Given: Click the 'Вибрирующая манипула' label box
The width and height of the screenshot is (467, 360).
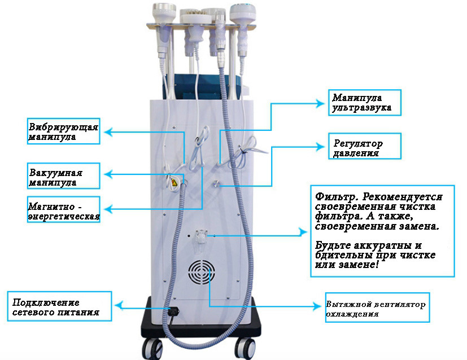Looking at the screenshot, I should [x=63, y=131].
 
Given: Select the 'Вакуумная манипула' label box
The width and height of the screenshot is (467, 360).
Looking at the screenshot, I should [x=63, y=176].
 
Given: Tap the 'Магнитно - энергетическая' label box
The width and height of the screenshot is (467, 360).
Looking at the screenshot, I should [x=63, y=209].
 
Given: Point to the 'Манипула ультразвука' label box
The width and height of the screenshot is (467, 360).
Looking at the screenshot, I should [x=365, y=103].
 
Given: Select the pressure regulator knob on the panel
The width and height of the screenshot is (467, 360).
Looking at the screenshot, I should [x=217, y=183].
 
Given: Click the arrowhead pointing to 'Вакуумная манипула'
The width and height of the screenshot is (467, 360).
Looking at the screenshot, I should [x=107, y=175].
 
